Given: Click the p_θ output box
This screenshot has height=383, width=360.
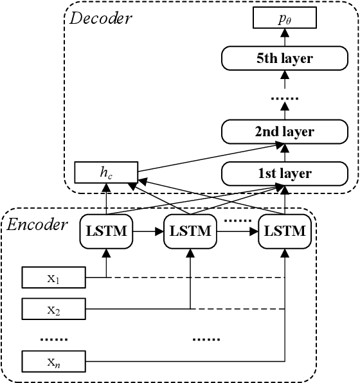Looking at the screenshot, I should (285, 19).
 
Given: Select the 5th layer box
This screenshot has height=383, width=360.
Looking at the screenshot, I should (285, 59).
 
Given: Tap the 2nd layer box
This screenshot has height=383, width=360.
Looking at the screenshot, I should (285, 132).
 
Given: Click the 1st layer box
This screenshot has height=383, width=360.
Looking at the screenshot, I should (285, 173).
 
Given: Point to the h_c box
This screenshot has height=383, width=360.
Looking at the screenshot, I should (105, 172).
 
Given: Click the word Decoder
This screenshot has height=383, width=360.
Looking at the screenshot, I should (100, 18).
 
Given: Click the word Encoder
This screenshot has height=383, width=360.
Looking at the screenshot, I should (37, 224).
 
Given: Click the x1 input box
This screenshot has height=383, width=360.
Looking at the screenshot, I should (54, 278).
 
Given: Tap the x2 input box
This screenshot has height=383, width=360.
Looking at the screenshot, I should (54, 310).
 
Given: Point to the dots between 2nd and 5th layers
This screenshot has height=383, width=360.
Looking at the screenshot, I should (285, 98).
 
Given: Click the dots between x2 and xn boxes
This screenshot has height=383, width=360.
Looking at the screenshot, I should (54, 336).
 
